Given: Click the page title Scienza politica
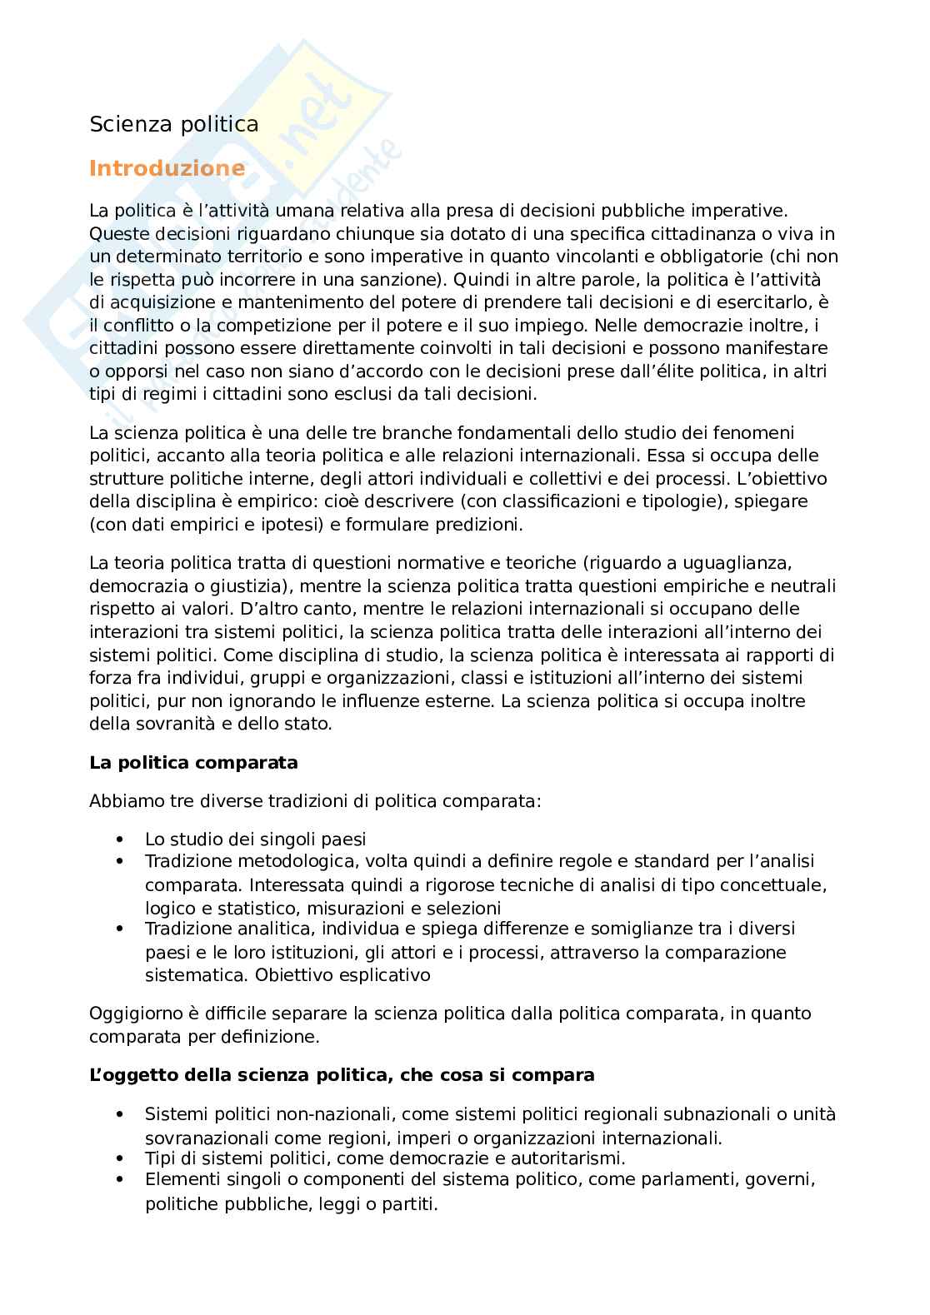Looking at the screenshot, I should [x=173, y=124].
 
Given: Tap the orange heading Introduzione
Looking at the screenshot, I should [x=167, y=169].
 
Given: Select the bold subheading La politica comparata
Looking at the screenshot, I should [x=193, y=762].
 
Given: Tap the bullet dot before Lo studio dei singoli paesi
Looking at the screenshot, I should [x=121, y=839].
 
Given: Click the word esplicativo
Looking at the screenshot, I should [x=384, y=974].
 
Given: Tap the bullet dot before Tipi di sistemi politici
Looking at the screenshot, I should [x=121, y=1158].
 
